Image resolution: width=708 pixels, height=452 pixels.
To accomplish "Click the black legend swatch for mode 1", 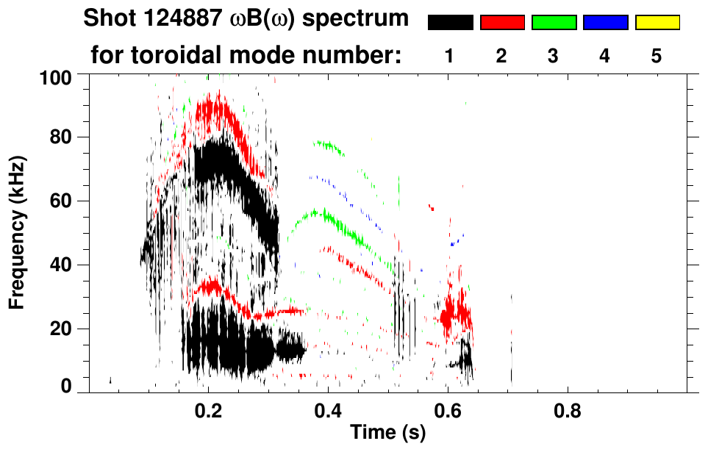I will (450, 23).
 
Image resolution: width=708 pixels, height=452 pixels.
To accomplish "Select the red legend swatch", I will (502, 23).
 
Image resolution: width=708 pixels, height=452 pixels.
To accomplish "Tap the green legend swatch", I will (554, 23).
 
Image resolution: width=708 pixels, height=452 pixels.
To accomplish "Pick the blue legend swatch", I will (605, 23).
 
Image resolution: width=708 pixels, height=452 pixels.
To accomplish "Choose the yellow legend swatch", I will (657, 23).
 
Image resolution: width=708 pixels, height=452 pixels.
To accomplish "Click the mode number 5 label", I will (657, 56).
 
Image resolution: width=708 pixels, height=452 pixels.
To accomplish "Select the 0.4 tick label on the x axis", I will (327, 410).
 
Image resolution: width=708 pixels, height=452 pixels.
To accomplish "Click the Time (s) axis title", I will (387, 433).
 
